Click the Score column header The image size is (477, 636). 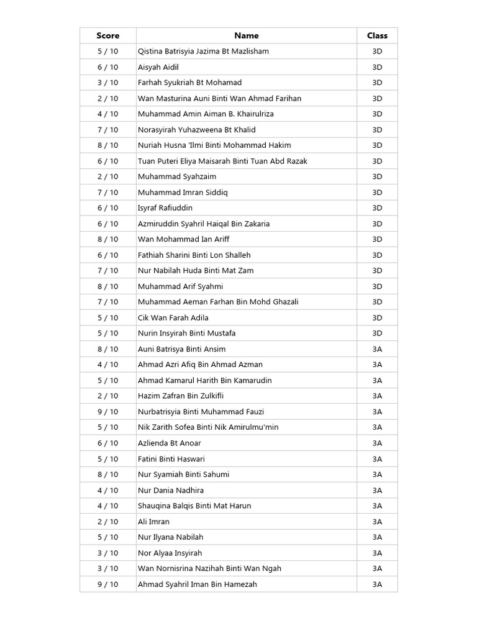(107, 35)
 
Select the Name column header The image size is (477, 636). (247, 35)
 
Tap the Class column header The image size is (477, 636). (377, 35)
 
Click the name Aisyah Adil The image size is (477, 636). (158, 67)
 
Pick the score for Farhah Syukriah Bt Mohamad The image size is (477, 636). (107, 83)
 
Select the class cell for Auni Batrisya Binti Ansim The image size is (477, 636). (377, 349)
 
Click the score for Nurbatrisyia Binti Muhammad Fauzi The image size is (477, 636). (107, 412)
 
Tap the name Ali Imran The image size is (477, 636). (153, 522)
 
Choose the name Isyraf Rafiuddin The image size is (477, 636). (165, 208)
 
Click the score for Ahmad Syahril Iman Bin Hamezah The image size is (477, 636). (107, 584)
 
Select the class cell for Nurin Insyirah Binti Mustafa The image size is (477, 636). (377, 333)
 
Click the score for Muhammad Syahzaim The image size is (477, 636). (107, 176)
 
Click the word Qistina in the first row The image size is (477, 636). (152, 52)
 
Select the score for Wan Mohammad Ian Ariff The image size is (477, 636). (107, 239)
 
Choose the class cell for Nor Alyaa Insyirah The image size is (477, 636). (377, 553)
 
